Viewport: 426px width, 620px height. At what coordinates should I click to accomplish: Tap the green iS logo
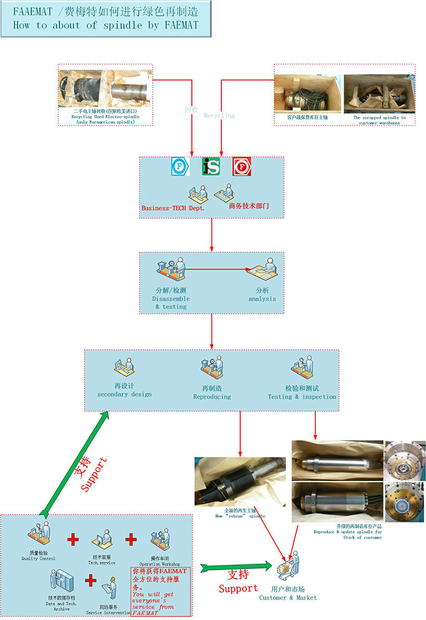211,167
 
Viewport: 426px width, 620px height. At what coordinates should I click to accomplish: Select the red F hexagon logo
242,167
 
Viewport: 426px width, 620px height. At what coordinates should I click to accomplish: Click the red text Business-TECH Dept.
173,208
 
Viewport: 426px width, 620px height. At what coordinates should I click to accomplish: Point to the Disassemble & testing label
171,298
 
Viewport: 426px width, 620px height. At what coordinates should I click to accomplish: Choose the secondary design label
124,391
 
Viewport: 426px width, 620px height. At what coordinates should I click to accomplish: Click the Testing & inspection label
302,393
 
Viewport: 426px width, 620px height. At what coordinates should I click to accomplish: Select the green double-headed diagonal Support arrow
74,464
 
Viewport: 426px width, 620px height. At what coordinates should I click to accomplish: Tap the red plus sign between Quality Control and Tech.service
74,540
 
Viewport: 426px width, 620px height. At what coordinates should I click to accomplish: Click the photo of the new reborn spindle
240,481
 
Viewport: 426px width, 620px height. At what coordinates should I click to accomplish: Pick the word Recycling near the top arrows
219,115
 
